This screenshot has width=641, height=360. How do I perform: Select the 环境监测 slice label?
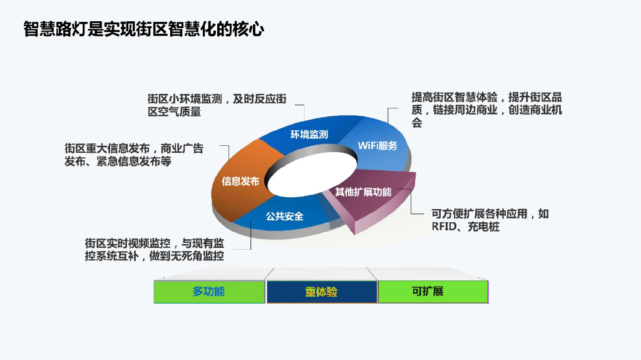coord(309,134)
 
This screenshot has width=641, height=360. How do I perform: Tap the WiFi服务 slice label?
coord(377,145)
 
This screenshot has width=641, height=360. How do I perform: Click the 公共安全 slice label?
coord(284,216)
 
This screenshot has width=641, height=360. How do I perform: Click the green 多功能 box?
coord(209,292)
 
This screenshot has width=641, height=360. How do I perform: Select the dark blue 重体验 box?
coord(322,292)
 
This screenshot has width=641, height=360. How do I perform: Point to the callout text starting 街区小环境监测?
coord(217,105)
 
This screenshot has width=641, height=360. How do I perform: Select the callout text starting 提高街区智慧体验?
coord(486,110)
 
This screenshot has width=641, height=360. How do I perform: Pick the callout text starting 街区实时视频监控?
coord(155,249)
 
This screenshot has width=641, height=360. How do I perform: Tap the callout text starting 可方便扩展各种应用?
coord(490,220)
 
